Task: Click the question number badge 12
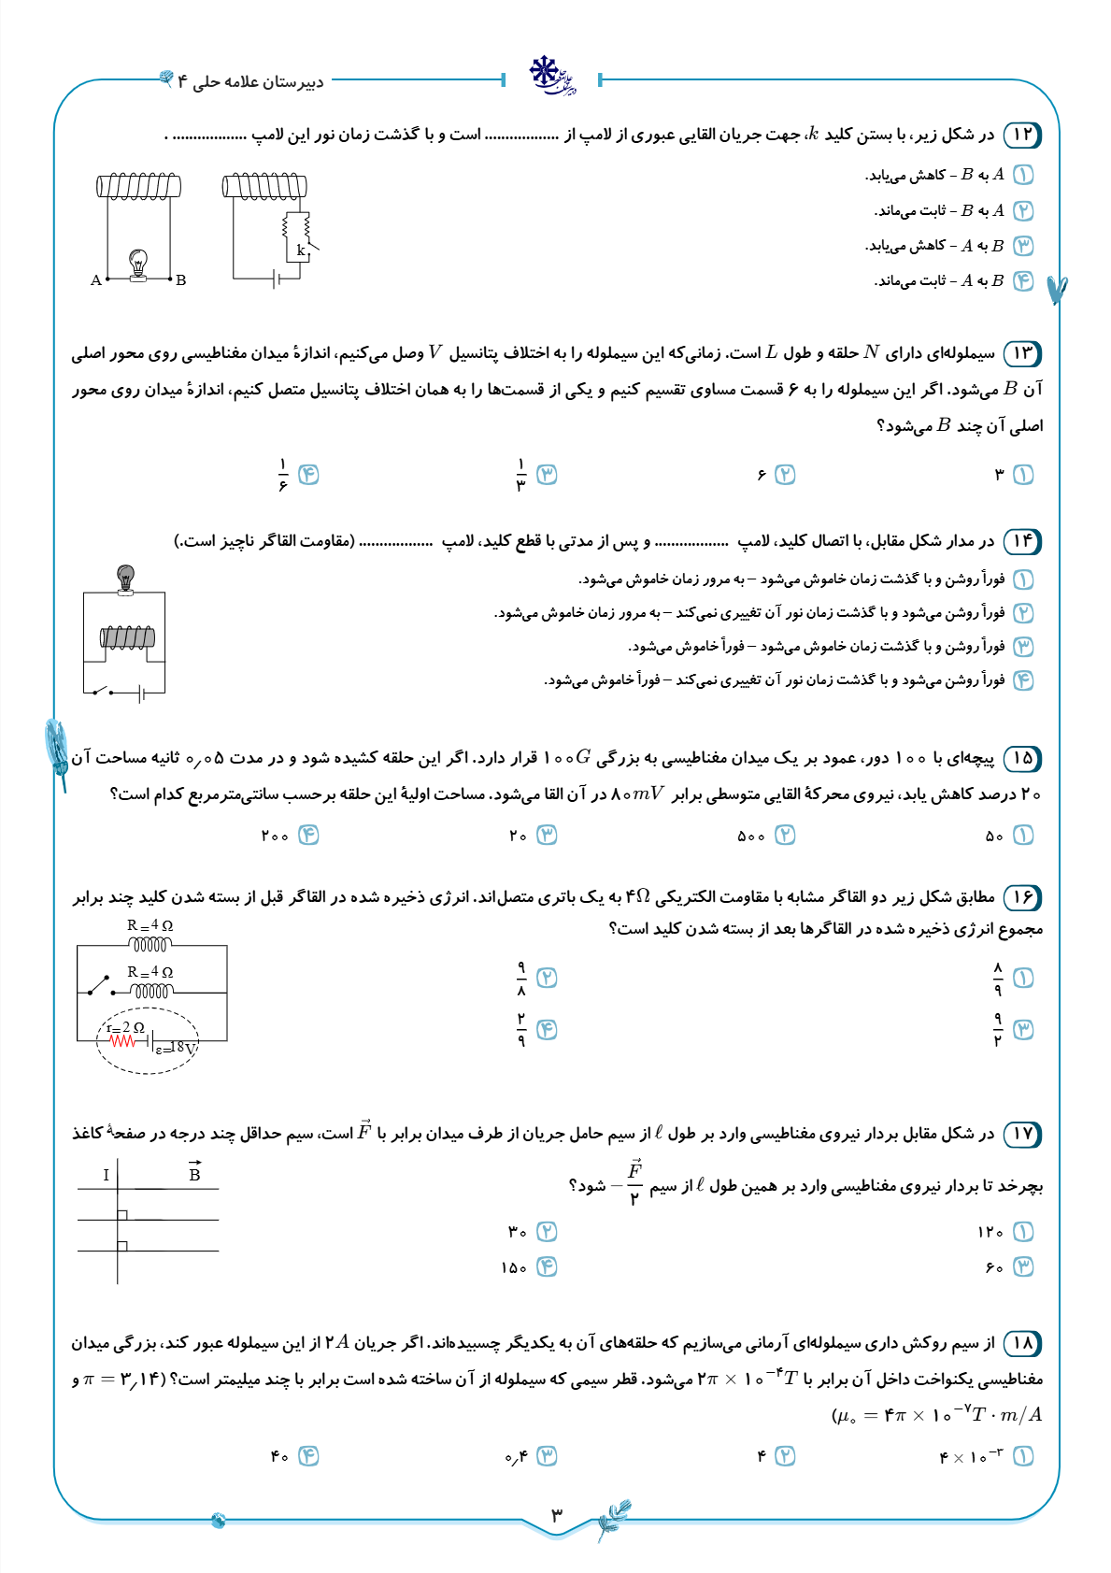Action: tap(1022, 135)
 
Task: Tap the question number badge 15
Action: tap(1022, 758)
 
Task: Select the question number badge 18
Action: tap(1022, 1344)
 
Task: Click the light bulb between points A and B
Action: tap(138, 264)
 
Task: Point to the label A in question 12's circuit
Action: tap(95, 279)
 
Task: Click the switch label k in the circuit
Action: tap(301, 250)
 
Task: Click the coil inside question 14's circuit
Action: tap(127, 637)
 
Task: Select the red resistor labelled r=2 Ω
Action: tap(122, 1039)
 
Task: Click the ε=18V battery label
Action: tap(176, 1049)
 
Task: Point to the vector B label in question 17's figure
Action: tap(194, 1173)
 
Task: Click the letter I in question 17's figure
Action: tap(107, 1175)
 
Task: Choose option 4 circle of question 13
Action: tap(308, 475)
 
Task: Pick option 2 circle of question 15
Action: tap(785, 836)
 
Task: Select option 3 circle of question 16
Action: tap(1023, 1030)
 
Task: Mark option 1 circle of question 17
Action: tap(1023, 1232)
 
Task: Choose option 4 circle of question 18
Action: tap(308, 1456)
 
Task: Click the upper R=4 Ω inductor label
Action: tap(150, 925)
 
